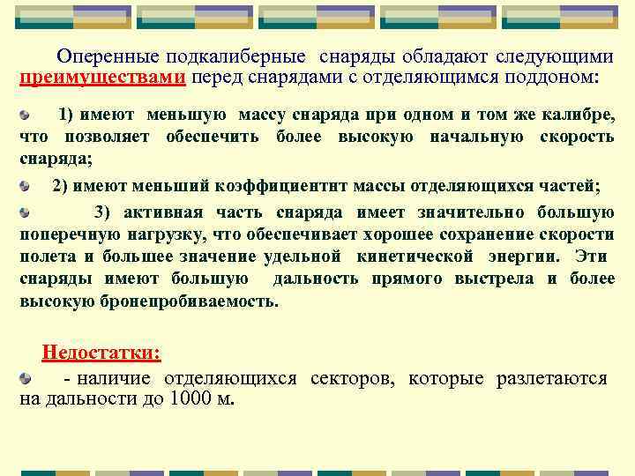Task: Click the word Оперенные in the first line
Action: click(98, 57)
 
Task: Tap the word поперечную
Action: click(62, 234)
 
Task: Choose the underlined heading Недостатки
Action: click(101, 353)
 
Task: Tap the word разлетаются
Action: click(552, 379)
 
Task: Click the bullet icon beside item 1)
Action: click(26, 115)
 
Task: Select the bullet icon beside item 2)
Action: click(26, 186)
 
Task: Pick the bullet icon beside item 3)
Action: click(26, 212)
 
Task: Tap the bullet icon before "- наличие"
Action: click(26, 379)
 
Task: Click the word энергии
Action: click(522, 257)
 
